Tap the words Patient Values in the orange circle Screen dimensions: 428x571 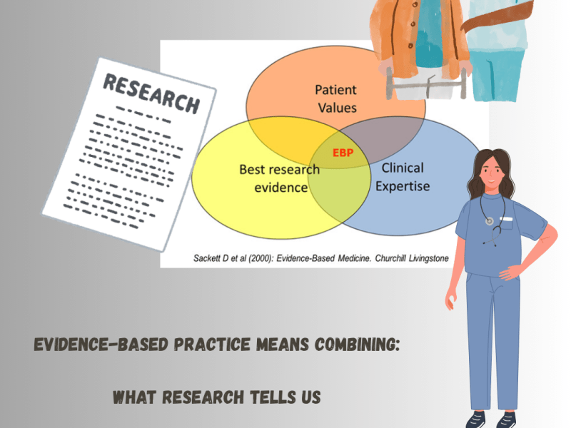tap(335, 100)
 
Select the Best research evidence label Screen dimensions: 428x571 tap(273, 179)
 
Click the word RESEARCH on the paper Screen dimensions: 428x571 tap(151, 92)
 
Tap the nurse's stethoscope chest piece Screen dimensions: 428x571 tap(489, 221)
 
